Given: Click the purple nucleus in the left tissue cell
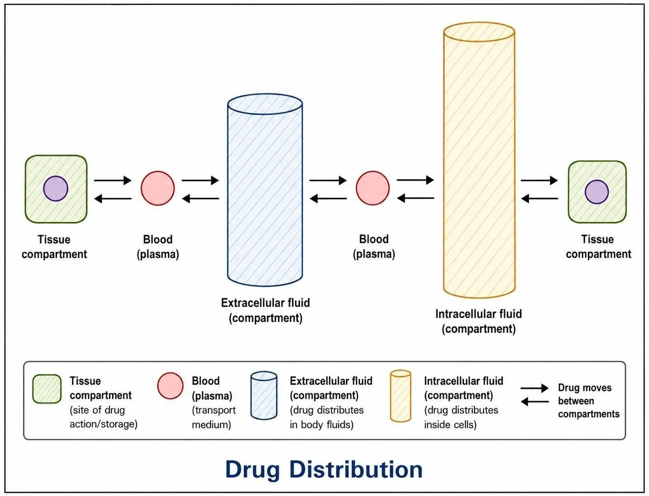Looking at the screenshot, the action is coord(56,189).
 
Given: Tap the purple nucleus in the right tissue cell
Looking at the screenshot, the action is coord(597,192).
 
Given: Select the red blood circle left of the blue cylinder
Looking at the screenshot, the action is coord(157,188).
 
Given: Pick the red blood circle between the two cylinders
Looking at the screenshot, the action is coord(373,188).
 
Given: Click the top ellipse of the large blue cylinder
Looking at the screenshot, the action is coord(265,104).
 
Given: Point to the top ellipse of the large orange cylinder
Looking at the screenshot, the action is coord(479,32).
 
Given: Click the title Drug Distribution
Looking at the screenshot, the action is coord(324,469).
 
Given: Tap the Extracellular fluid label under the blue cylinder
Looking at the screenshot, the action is coord(265,310).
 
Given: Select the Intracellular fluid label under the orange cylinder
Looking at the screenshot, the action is coord(478,321).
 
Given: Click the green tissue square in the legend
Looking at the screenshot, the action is coord(47,389).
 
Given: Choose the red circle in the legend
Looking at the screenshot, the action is coord(170,386).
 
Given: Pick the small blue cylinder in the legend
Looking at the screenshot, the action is coord(264,396).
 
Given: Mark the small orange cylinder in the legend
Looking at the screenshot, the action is coord(401,396).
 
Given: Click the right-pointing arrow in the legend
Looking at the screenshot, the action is coord(534,388).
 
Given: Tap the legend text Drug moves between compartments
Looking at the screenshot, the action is coord(588,401).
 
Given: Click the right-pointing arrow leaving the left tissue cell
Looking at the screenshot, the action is coord(113,180).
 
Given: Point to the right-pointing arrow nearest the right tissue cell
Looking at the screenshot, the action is coord(539,180).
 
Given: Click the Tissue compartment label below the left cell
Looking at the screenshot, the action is coord(54,247).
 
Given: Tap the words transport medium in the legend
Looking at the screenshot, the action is coord(214,417).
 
